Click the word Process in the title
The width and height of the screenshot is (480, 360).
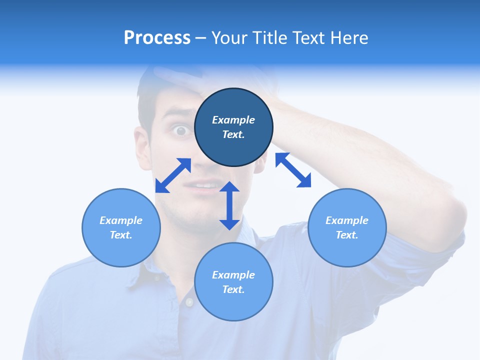pyautogui.click(x=157, y=38)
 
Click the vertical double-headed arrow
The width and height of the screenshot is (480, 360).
pyautogui.click(x=229, y=205)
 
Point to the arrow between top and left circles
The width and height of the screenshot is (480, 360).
pyautogui.click(x=173, y=175)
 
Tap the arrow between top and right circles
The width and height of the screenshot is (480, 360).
pyautogui.click(x=293, y=170)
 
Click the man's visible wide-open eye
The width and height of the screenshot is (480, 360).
pyautogui.click(x=180, y=131)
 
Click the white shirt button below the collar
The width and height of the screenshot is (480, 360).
pyautogui.click(x=189, y=302)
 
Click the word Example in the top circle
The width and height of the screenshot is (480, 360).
pyautogui.click(x=233, y=120)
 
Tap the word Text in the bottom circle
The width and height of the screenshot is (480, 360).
pyautogui.click(x=233, y=289)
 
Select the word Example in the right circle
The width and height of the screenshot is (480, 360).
pyautogui.click(x=347, y=220)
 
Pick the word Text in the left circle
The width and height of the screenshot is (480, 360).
pyautogui.click(x=121, y=235)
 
